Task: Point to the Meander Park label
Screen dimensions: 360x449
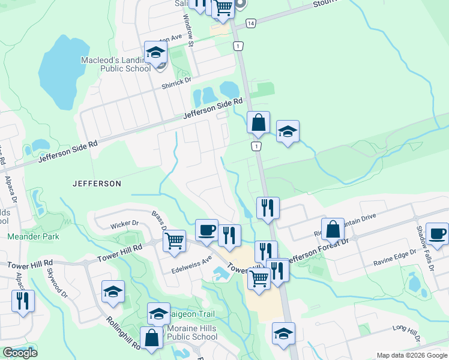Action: (33, 236)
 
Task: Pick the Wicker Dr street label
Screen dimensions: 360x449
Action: (124, 224)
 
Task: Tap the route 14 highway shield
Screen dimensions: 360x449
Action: (251, 23)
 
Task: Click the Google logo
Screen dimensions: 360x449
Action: (20, 352)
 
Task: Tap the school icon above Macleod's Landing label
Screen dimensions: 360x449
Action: (155, 53)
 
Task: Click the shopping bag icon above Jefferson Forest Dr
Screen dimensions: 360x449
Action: (333, 229)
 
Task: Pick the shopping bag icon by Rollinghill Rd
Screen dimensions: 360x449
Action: (152, 338)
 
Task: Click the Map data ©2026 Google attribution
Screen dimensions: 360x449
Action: (411, 355)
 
